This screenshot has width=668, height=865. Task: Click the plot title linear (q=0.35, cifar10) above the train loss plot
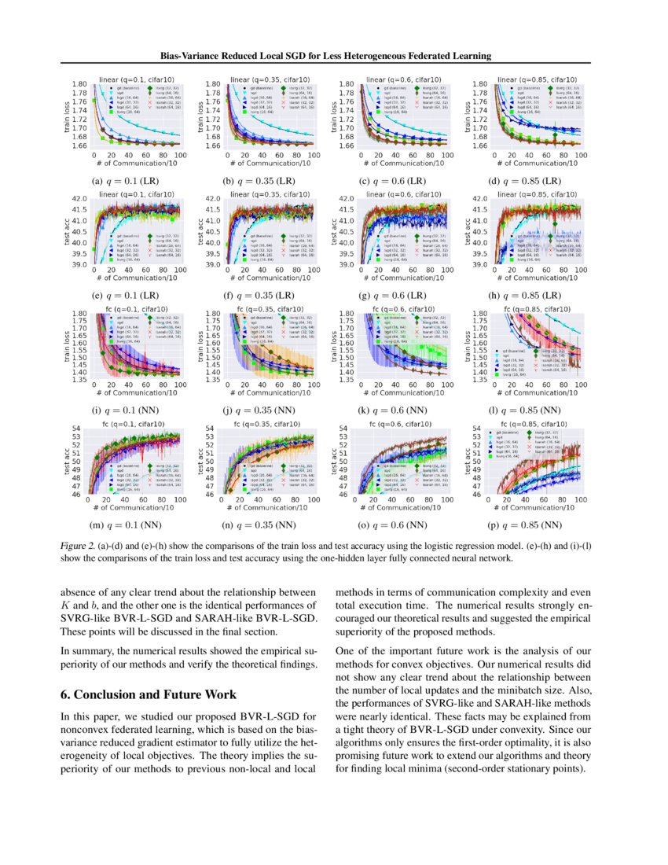(x=267, y=79)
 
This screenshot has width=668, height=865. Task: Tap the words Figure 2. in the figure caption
(x=81, y=543)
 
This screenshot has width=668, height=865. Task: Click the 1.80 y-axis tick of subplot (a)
(x=79, y=83)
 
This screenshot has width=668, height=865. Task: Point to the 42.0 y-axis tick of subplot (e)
(x=79, y=199)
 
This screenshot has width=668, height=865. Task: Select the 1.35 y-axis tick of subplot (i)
(x=79, y=380)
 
